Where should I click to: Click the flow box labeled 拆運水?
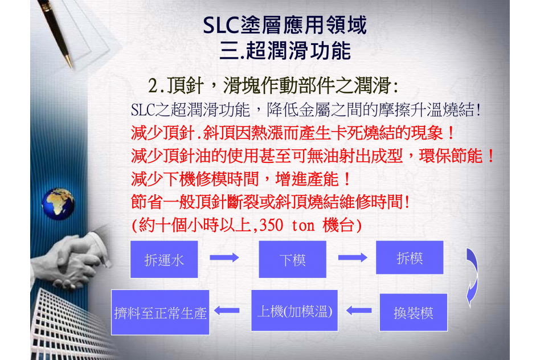click(x=164, y=259)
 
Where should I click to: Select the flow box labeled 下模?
click(x=292, y=259)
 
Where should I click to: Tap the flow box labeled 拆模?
click(x=410, y=257)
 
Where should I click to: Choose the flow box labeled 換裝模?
click(x=414, y=313)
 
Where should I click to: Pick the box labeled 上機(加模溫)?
click(x=294, y=311)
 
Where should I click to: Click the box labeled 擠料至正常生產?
click(x=160, y=313)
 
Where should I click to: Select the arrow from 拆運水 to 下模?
click(x=224, y=257)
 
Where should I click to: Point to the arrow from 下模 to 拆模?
click(x=353, y=257)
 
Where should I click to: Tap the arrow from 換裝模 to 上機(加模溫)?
click(x=359, y=310)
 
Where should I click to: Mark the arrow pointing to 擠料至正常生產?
click(x=227, y=310)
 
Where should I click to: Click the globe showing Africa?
click(x=58, y=204)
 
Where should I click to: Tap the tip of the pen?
click(x=72, y=68)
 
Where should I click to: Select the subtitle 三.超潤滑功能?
click(x=285, y=51)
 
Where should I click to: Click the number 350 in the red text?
click(x=271, y=226)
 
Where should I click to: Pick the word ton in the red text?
click(x=303, y=226)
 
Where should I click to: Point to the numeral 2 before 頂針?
click(x=153, y=86)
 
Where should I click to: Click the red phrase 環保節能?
click(x=451, y=156)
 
